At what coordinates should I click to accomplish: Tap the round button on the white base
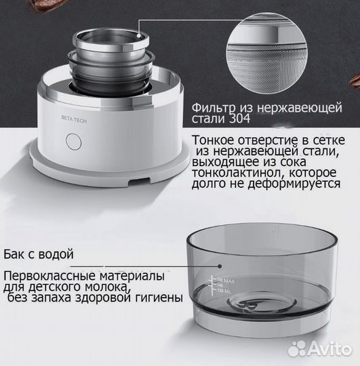point(73,143)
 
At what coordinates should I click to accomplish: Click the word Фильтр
point(214,108)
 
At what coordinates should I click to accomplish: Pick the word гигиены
point(157,298)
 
